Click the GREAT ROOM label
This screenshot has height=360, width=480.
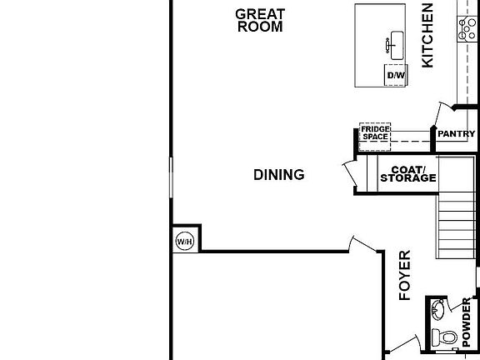coord(260,20)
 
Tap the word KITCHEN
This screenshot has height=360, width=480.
coord(428,35)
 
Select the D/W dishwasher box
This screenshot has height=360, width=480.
coord(395,75)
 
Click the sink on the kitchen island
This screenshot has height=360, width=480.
coord(392,42)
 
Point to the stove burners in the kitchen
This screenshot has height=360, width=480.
coord(463,30)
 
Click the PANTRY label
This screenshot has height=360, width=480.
coord(456,134)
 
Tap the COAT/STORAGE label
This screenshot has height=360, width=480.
coord(407,173)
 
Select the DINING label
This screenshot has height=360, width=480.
coord(278,175)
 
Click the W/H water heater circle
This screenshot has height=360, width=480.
coord(184,242)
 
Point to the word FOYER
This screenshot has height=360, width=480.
coord(406,275)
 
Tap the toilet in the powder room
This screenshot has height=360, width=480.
coord(446,337)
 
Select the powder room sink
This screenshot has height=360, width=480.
coord(437,311)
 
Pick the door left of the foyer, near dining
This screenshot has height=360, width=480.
coord(363,244)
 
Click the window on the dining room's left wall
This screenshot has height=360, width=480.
coord(171,178)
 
